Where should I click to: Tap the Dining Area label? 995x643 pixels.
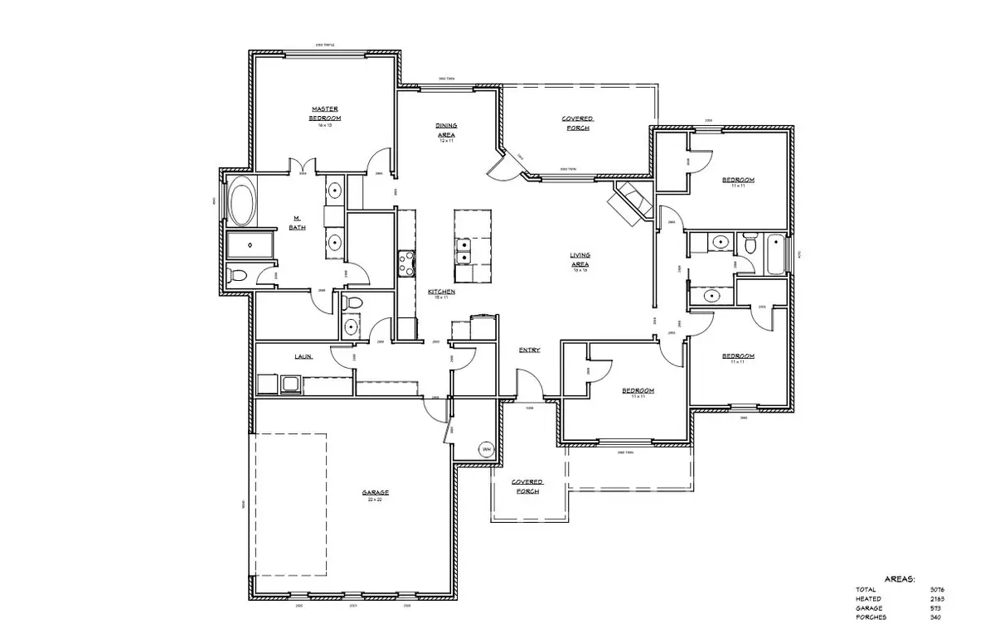point(446,130)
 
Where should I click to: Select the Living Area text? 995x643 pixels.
point(580,259)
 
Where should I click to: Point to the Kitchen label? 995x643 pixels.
point(441,292)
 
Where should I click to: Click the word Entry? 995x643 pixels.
point(529,350)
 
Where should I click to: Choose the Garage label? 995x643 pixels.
point(375,492)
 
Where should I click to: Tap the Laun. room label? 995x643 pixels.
point(303,357)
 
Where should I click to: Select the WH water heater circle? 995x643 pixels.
point(486,449)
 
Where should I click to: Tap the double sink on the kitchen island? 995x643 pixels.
point(462,250)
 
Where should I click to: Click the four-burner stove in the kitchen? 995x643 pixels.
point(406,263)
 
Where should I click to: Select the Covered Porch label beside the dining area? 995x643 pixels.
point(576,123)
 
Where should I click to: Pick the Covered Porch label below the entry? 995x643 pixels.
point(527,486)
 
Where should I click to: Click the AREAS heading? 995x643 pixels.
point(900,579)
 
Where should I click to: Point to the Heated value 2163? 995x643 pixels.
point(938,598)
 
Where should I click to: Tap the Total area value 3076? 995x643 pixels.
point(938,589)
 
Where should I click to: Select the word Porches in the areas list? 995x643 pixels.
point(871,616)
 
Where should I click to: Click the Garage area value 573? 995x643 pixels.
point(938,607)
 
